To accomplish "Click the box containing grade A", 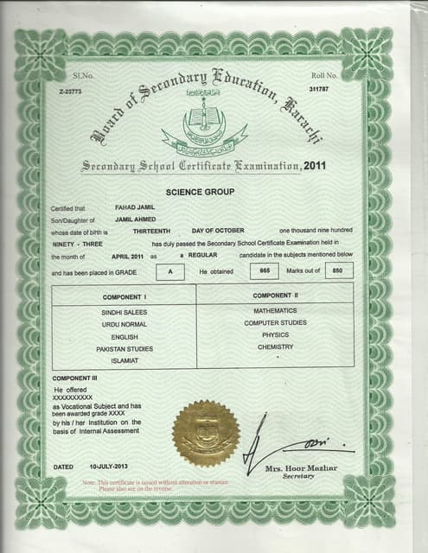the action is [x=170, y=271].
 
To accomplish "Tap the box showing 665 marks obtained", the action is [x=265, y=271].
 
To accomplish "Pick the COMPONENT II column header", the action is [x=274, y=296].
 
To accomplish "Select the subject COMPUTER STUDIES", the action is [x=274, y=322].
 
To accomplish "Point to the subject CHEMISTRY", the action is [x=275, y=347].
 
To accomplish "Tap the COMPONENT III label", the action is [x=76, y=379].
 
